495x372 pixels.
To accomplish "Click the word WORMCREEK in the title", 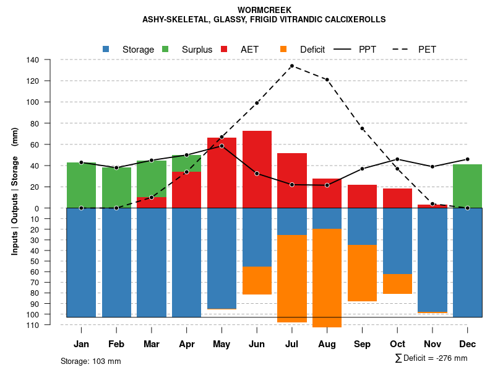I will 264,10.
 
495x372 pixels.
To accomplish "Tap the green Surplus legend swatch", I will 166,49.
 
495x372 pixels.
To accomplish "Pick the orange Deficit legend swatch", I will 284,49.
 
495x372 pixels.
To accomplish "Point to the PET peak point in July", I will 291,66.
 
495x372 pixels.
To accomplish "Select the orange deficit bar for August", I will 327,278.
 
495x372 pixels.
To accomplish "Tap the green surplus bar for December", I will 467,186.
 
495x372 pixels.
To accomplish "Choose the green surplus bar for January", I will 81,185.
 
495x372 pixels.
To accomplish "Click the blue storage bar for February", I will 116,262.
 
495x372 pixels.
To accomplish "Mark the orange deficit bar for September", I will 362,273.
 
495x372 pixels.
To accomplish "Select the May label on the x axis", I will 222,344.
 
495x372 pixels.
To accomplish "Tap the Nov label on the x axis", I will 433,344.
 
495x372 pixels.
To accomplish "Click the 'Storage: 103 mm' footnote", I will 91,361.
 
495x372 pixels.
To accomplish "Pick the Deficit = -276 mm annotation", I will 431,358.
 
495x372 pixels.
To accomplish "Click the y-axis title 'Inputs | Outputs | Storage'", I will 15,190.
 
